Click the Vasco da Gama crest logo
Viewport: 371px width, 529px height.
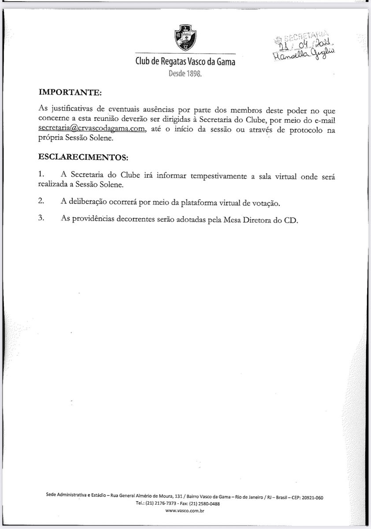click(185, 39)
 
